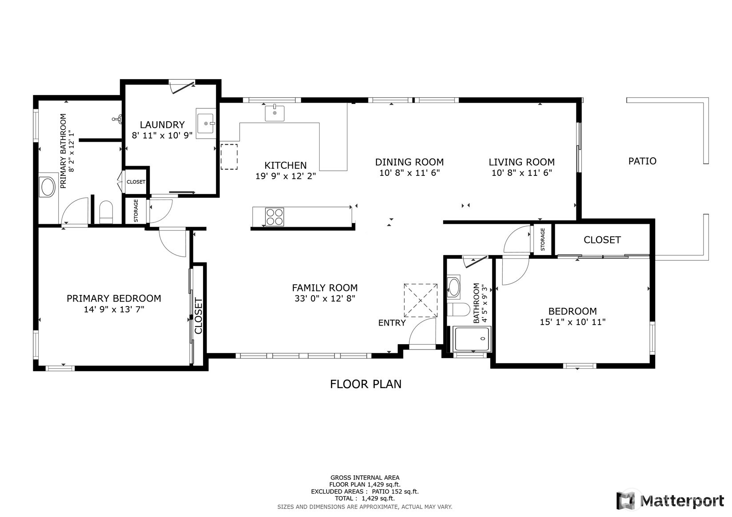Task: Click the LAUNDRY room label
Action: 162,125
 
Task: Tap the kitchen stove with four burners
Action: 274,217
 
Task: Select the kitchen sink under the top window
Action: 275,113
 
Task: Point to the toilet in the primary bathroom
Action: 106,212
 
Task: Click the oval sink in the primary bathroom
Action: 47,187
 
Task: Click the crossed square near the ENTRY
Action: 420,300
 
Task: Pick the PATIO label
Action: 642,161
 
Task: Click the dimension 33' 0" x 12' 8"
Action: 324,299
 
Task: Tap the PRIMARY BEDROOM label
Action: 114,298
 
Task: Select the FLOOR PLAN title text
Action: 365,384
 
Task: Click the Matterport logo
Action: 671,501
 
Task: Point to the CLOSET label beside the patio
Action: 602,240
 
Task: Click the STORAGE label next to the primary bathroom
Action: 136,211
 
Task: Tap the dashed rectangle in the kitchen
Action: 229,156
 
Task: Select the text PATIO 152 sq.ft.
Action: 394,492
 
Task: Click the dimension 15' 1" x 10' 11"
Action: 572,322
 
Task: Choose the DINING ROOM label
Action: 409,162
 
